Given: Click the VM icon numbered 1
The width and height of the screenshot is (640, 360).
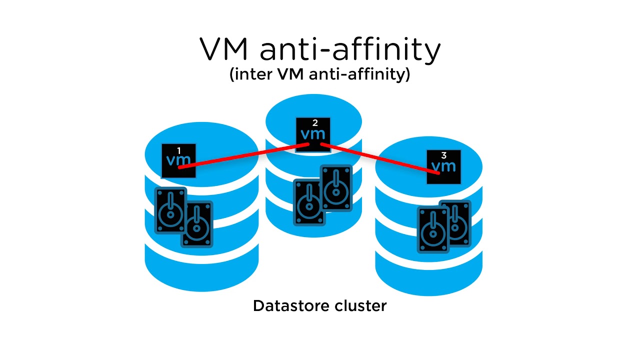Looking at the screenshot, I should point(178,160).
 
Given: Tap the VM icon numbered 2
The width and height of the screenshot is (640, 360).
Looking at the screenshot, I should point(313,134).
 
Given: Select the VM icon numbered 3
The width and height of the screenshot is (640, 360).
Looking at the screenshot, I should point(443,166).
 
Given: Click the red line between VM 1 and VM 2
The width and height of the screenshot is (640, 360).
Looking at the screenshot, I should point(245,154).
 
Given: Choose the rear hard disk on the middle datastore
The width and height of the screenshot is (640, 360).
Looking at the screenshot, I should point(336,187).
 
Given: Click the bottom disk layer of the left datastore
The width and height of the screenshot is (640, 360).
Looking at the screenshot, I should point(201,272).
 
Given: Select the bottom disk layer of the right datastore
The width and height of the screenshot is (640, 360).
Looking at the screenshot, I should point(428,275).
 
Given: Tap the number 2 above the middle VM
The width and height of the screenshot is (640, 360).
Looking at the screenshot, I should point(315,122).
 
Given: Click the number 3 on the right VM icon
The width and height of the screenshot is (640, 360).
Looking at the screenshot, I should point(444,156).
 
